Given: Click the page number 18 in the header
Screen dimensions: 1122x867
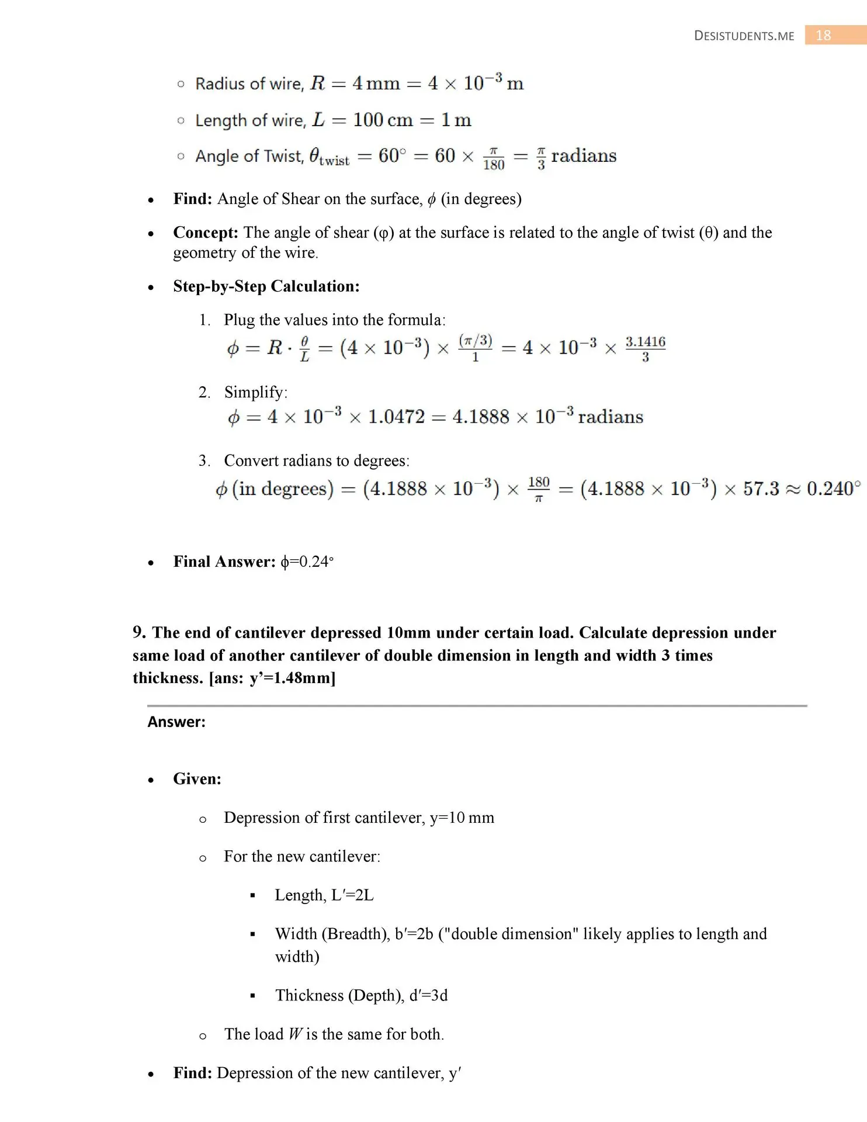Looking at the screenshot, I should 823,36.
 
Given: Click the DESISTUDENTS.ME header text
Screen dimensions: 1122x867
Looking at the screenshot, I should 744,36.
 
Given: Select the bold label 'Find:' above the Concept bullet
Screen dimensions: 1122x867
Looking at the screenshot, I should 192,199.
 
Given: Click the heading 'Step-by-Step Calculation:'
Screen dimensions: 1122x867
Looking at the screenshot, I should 266,286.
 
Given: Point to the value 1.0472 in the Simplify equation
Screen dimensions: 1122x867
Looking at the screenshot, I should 396,417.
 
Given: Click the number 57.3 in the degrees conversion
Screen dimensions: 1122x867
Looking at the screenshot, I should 761,489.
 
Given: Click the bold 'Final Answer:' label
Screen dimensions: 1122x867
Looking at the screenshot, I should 224,562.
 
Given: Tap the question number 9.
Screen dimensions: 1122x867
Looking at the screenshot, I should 139,632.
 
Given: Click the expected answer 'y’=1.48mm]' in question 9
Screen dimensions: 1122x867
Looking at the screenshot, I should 292,678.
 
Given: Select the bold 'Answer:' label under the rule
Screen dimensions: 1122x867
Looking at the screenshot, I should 176,722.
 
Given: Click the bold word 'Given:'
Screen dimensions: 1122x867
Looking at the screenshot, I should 197,779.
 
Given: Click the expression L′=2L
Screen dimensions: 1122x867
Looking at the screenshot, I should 352,895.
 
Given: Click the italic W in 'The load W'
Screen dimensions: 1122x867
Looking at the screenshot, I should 295,1034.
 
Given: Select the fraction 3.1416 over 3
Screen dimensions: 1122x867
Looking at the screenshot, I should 645,349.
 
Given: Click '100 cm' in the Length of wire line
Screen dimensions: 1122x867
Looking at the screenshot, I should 383,120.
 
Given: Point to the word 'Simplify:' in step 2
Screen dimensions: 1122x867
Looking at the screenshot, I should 256,392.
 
